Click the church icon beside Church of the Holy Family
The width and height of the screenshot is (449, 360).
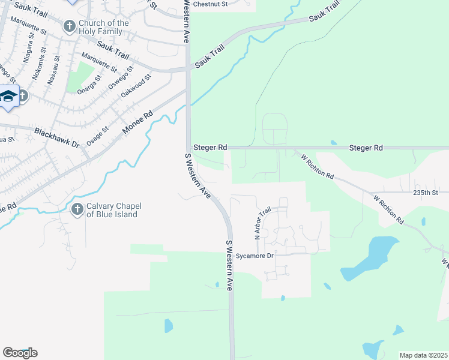[70, 26]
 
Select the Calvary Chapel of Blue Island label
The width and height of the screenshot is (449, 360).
[112, 210]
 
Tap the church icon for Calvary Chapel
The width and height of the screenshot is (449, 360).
[77, 209]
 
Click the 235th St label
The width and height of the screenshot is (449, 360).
[426, 193]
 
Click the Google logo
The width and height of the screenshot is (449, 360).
[20, 353]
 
